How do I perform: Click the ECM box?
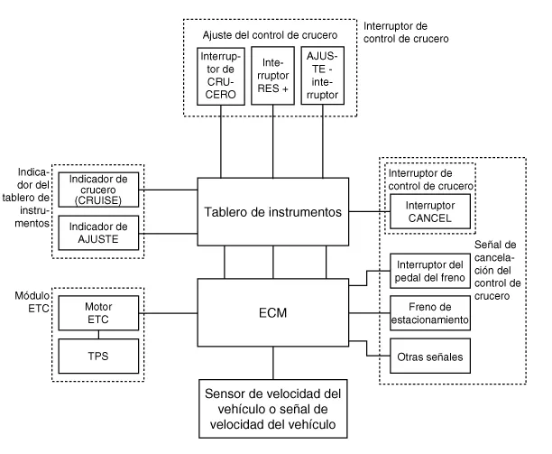pos(273,314)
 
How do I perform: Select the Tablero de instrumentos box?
pos(273,212)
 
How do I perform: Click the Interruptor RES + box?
pos(274,79)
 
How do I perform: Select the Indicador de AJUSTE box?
pos(97,230)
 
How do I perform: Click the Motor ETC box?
pos(97,312)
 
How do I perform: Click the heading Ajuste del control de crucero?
pos(272,34)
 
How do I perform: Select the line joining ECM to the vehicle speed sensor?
pos(273,364)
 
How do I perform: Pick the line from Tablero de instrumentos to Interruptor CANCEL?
pos(368,211)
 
